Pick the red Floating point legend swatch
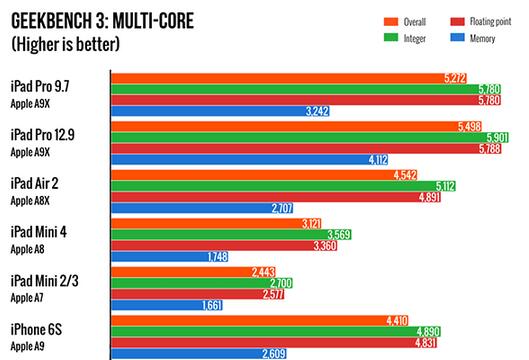(x=457, y=20)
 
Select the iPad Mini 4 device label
(x=39, y=232)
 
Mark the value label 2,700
(x=304, y=283)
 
